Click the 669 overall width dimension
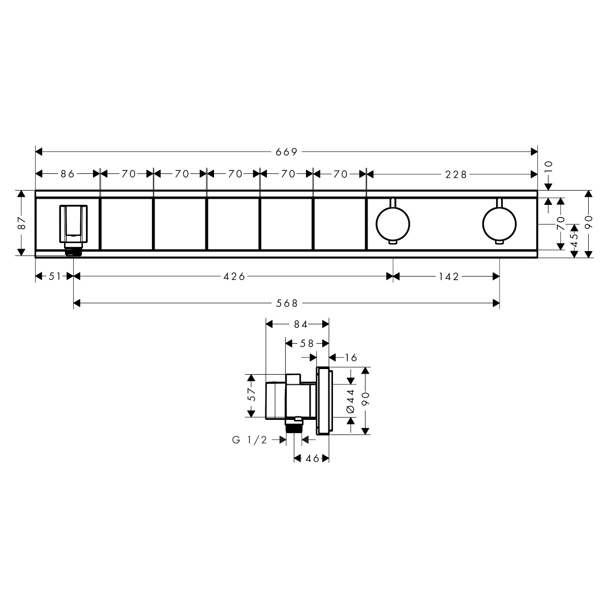pyautogui.click(x=287, y=152)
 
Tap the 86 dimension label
pyautogui.click(x=68, y=174)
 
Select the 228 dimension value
pyautogui.click(x=456, y=174)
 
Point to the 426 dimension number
pyautogui.click(x=234, y=277)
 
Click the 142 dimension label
pyautogui.click(x=449, y=277)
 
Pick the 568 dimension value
pyautogui.click(x=287, y=303)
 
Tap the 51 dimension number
pyautogui.click(x=55, y=277)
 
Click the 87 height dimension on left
pyautogui.click(x=22, y=223)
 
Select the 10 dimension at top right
pyautogui.click(x=548, y=167)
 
